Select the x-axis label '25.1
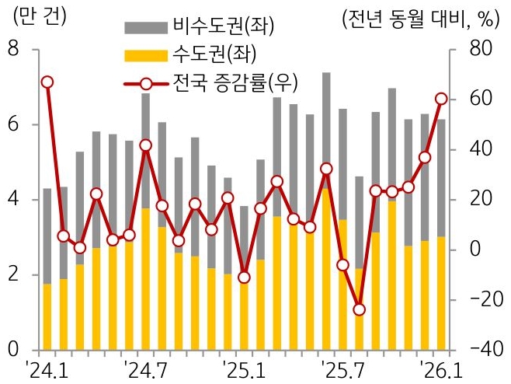pos(243,368)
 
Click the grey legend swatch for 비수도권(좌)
pos(145,29)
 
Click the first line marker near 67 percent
pos(47,82)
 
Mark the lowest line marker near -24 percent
pos(359,309)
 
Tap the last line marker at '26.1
pos(441,99)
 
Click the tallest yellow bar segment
pos(326,268)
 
